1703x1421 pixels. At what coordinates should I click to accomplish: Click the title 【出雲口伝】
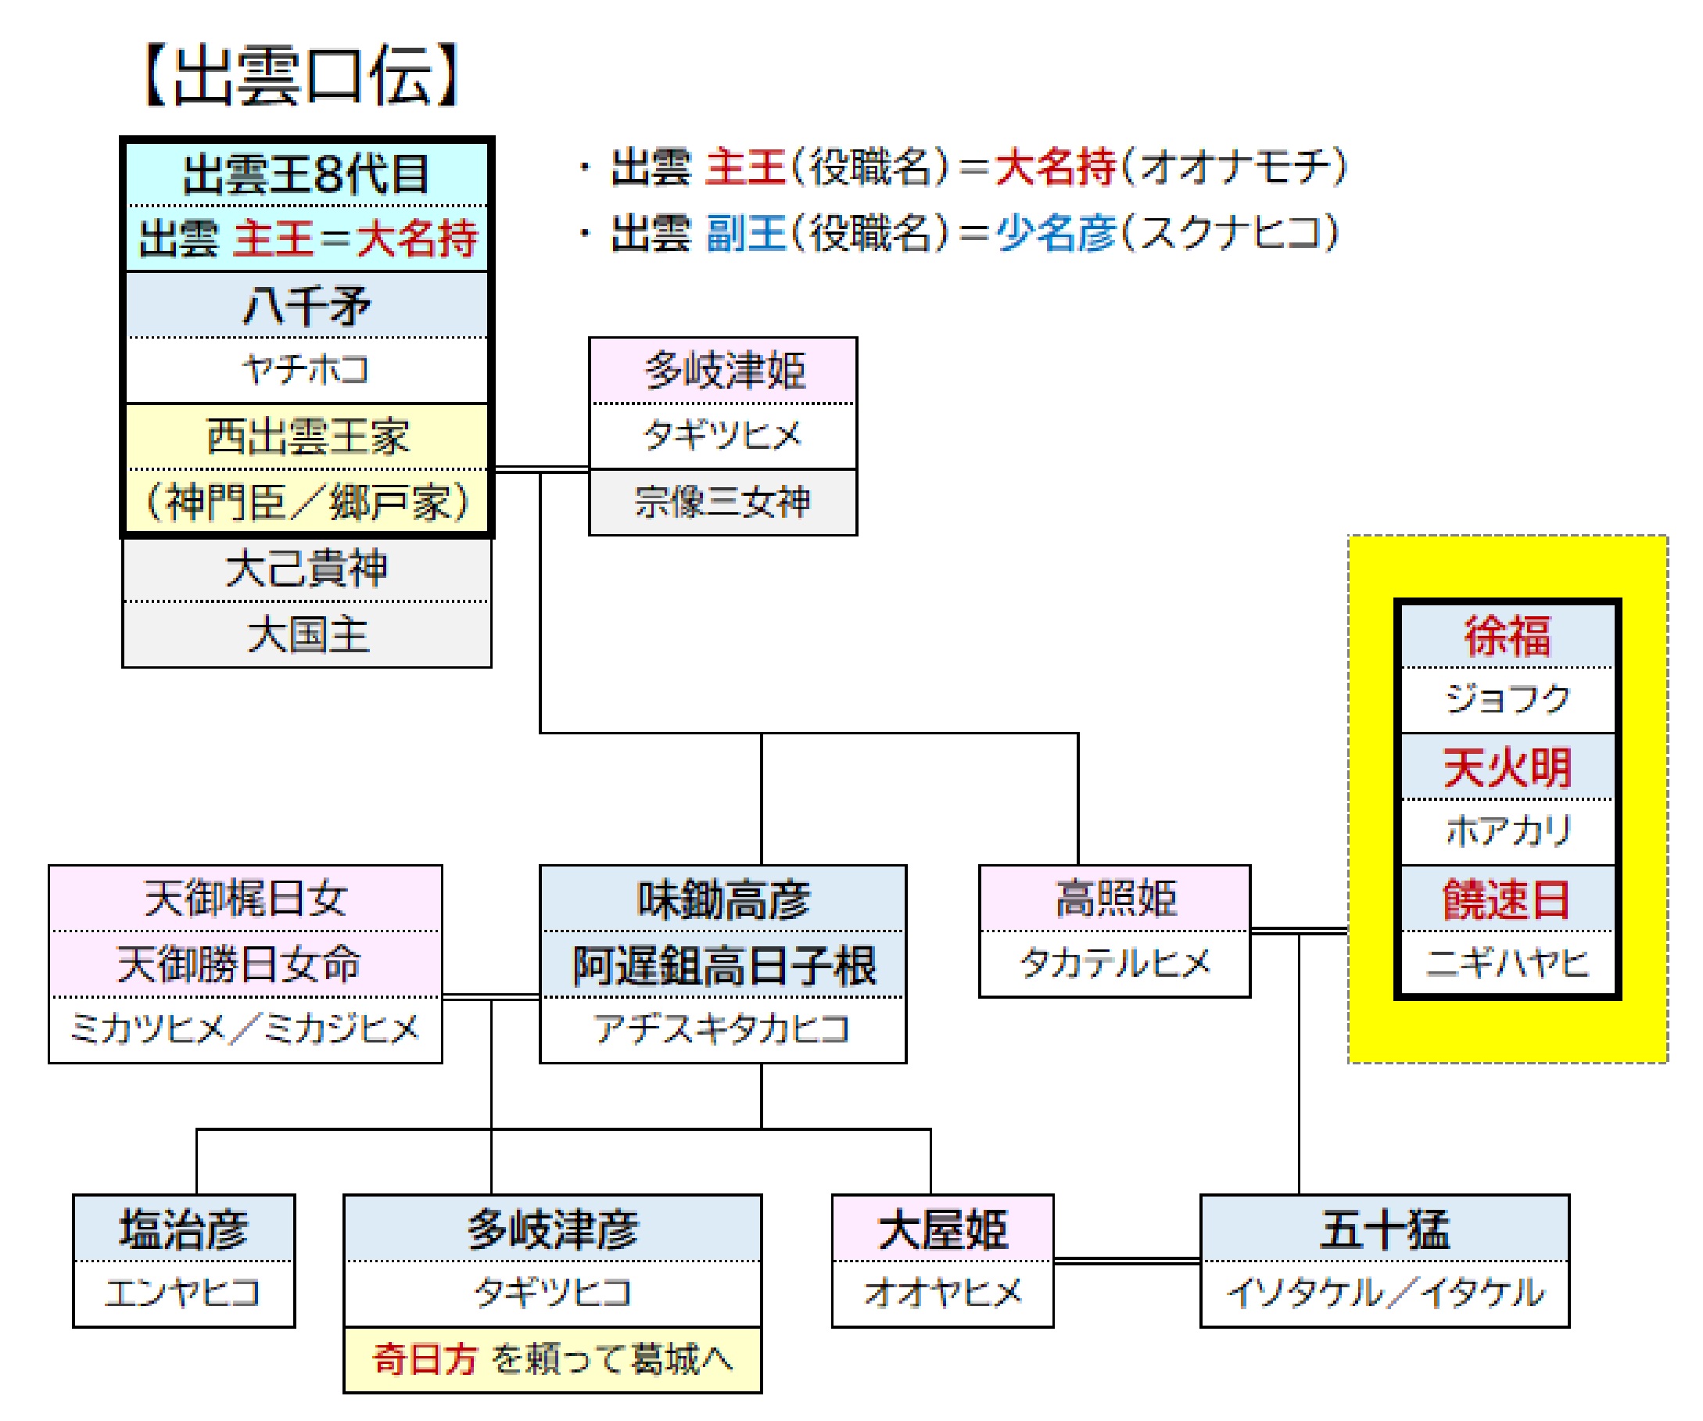(301, 75)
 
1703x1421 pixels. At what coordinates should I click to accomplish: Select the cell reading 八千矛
(307, 305)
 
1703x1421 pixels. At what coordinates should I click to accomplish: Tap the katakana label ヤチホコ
(307, 371)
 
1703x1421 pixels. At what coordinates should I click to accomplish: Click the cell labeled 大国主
(307, 635)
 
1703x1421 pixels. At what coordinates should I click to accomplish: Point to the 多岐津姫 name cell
(723, 371)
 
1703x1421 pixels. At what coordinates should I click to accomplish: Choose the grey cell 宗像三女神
(723, 503)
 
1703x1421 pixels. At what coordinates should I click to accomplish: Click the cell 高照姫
(1115, 899)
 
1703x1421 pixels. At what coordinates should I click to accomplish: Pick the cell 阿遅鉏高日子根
(723, 965)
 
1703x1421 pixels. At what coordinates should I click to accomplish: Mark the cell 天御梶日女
(246, 899)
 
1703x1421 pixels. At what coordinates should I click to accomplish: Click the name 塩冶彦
(184, 1229)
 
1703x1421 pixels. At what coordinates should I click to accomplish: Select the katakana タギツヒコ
(553, 1294)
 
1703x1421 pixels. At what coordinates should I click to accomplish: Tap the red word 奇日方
(425, 1360)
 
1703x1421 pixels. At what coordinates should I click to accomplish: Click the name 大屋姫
(943, 1229)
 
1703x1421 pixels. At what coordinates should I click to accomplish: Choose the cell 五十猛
(1385, 1229)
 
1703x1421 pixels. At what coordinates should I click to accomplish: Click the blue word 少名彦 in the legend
(1056, 234)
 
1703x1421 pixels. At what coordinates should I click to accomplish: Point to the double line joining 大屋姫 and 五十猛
(1128, 1261)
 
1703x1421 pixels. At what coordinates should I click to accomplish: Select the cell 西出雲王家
(307, 437)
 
